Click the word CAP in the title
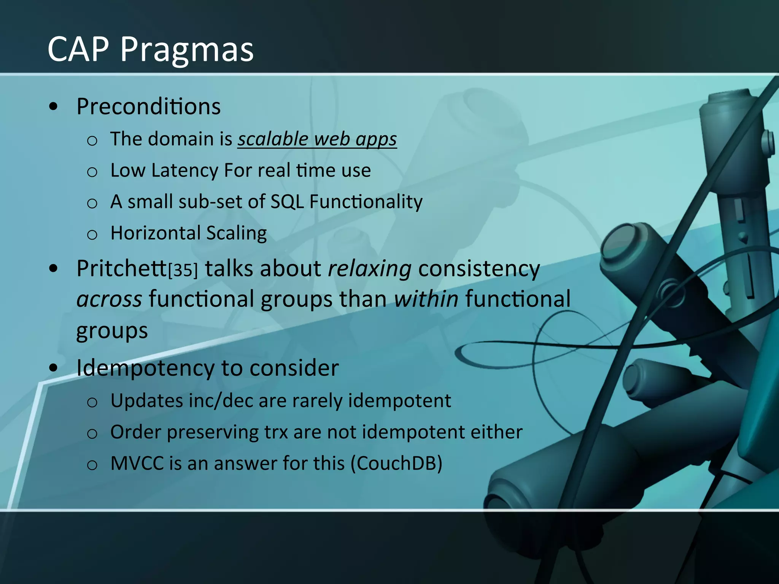pyautogui.click(x=78, y=49)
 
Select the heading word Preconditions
pyautogui.click(x=148, y=106)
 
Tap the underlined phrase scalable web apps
pyautogui.click(x=317, y=139)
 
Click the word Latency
pyautogui.click(x=185, y=170)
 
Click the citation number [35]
pyautogui.click(x=183, y=270)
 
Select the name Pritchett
pyautogui.click(x=121, y=268)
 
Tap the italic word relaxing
pyautogui.click(x=369, y=269)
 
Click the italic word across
pyautogui.click(x=109, y=299)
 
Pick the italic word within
pyautogui.click(x=426, y=299)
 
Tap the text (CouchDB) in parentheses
pyautogui.click(x=396, y=464)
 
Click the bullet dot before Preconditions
pyautogui.click(x=54, y=107)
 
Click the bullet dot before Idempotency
pyautogui.click(x=54, y=368)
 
